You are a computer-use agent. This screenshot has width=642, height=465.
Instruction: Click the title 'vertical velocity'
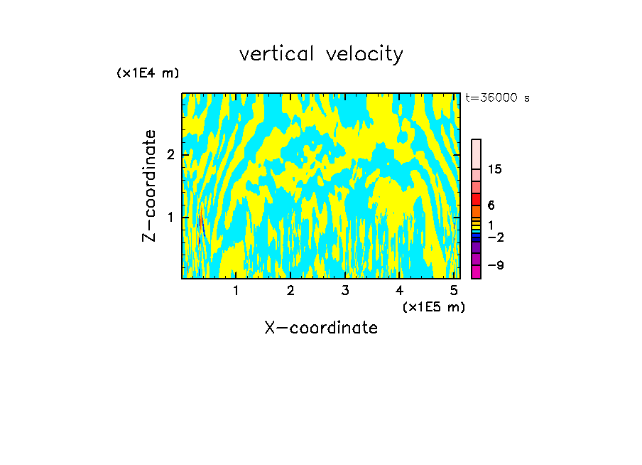click(x=321, y=54)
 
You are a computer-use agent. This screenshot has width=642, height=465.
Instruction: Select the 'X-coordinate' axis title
click(x=321, y=328)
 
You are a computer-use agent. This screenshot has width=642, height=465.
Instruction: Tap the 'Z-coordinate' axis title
click(x=149, y=186)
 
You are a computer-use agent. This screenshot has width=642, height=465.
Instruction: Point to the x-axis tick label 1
click(x=236, y=291)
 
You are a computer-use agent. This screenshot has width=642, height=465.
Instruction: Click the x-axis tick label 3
click(x=345, y=291)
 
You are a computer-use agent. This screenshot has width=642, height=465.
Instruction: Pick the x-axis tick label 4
click(x=399, y=291)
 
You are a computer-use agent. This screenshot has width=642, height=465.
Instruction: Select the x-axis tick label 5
click(x=454, y=291)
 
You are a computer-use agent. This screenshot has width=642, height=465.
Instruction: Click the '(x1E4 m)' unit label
click(x=148, y=73)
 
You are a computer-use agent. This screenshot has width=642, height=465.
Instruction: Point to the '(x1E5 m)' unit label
click(x=433, y=306)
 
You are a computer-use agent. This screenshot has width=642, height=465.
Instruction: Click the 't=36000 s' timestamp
click(x=497, y=98)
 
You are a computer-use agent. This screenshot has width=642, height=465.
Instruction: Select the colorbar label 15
click(x=495, y=169)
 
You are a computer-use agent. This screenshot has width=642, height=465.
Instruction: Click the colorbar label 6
click(x=491, y=205)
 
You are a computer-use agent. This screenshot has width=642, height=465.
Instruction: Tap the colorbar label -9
click(x=494, y=265)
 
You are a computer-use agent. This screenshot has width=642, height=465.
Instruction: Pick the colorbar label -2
click(x=494, y=237)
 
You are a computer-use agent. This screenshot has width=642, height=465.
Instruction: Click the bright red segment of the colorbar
click(x=476, y=199)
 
